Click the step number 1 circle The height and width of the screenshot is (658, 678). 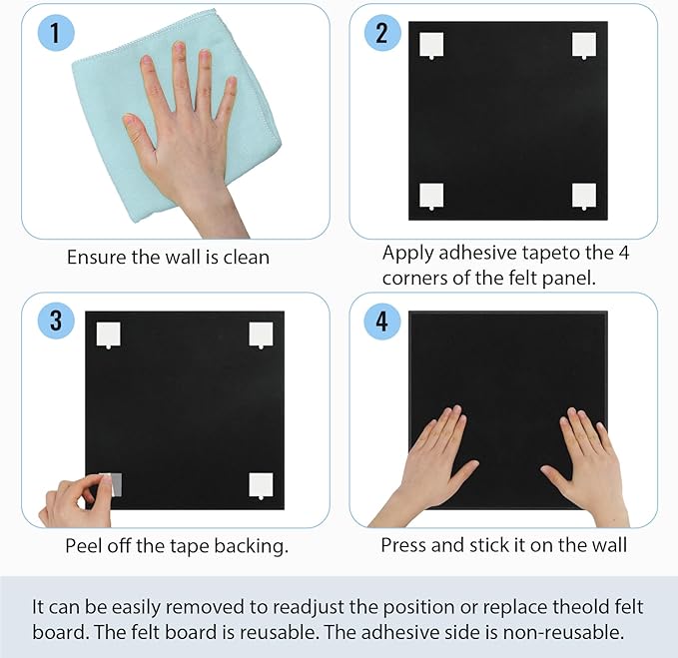(x=56, y=33)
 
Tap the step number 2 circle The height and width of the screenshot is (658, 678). (x=381, y=33)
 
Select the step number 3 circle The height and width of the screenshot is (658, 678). (x=56, y=321)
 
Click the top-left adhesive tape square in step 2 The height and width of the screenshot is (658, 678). (x=430, y=45)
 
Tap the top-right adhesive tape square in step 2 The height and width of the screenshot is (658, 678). (x=584, y=45)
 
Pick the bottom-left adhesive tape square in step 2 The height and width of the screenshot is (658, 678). (x=430, y=196)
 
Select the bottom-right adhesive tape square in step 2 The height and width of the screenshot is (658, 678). (x=584, y=196)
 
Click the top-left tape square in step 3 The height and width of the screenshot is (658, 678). (x=107, y=333)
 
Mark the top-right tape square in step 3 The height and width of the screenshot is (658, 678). (x=261, y=333)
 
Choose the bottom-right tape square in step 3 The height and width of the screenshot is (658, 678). (x=261, y=484)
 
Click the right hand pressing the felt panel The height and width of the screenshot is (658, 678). (x=580, y=458)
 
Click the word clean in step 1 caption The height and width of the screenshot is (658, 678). (x=246, y=257)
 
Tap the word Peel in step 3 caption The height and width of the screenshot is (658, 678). (x=84, y=545)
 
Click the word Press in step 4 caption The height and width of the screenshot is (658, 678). (x=404, y=545)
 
